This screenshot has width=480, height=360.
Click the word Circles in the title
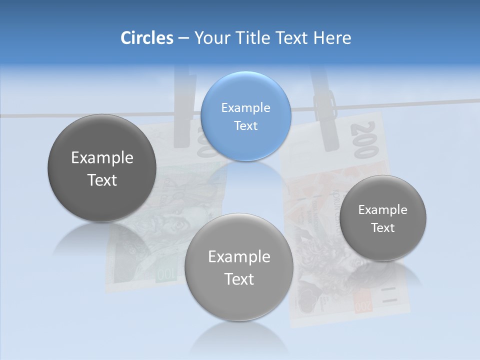tap(146, 38)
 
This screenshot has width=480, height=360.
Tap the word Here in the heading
tap(332, 38)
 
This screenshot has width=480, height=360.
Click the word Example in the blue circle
tap(245, 107)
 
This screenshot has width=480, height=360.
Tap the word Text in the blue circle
tap(245, 125)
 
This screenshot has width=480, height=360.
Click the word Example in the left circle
tap(102, 158)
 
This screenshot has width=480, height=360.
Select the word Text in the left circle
tap(102, 180)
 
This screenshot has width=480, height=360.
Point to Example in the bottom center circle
tap(239, 257)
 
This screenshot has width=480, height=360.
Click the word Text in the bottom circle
tap(239, 279)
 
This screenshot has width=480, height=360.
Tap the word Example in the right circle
tap(383, 209)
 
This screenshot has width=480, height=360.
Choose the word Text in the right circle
tap(383, 227)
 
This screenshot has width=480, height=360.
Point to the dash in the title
tap(183, 38)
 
